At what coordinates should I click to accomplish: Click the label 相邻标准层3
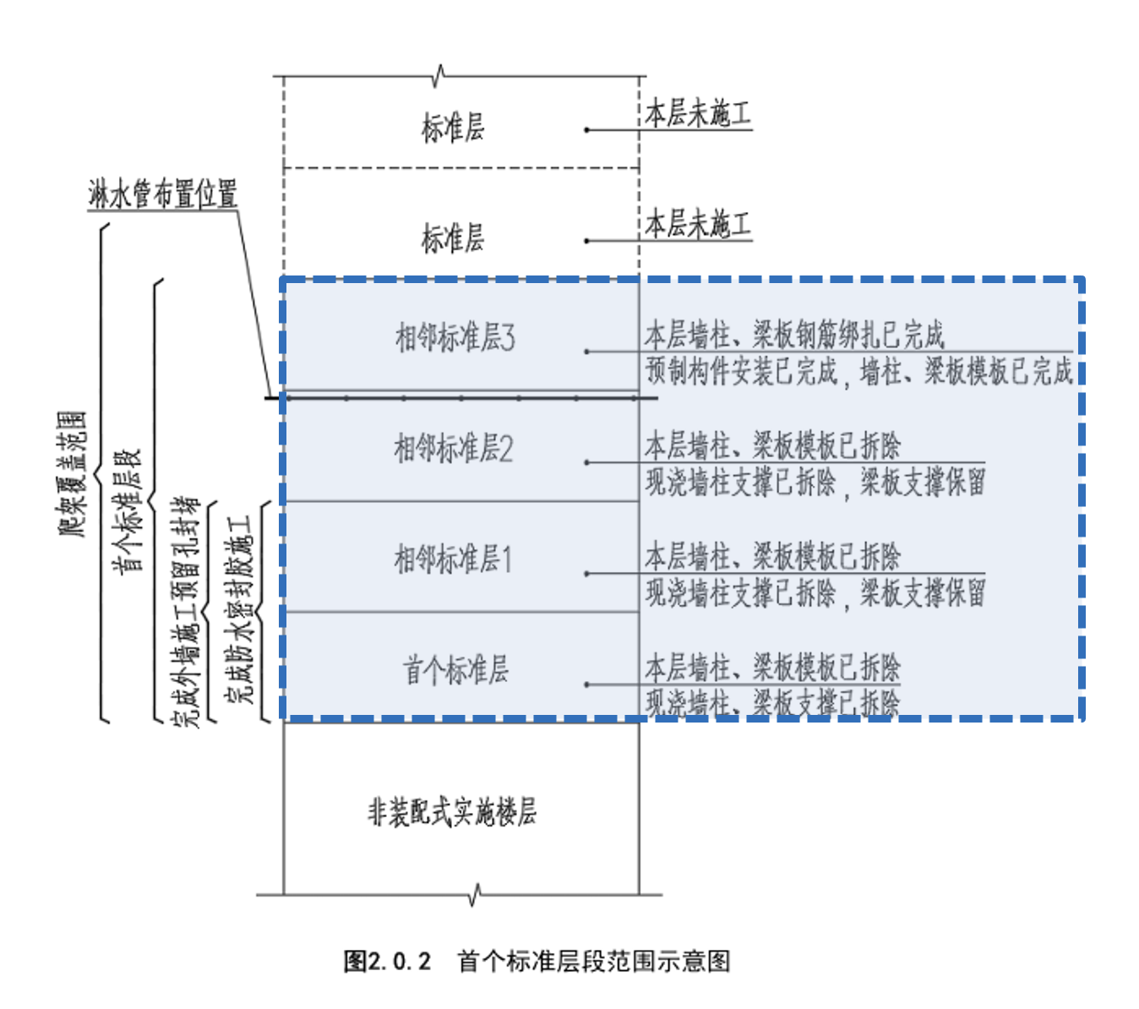click(x=455, y=337)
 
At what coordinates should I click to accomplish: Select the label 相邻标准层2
click(x=453, y=448)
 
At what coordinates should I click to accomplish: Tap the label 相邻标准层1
click(x=453, y=559)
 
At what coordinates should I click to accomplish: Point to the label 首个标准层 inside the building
click(x=455, y=670)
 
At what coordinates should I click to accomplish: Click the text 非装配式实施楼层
click(x=452, y=812)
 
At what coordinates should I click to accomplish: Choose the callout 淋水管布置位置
click(x=162, y=194)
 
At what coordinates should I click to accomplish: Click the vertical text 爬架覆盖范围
click(x=73, y=473)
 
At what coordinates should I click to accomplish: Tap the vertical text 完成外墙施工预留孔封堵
click(x=186, y=612)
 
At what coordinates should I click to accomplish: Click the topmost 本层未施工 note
click(x=698, y=113)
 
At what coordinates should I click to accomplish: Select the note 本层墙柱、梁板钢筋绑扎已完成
click(x=794, y=335)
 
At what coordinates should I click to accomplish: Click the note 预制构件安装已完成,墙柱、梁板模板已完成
click(x=858, y=371)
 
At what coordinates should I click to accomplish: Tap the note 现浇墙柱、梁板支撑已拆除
click(x=772, y=702)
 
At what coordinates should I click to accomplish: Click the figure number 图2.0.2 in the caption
click(x=387, y=961)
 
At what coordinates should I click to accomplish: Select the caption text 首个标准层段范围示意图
click(x=593, y=961)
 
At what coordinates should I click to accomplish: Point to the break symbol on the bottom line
click(x=476, y=894)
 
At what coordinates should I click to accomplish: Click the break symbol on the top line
click(x=439, y=76)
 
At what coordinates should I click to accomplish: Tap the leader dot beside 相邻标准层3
click(x=587, y=352)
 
